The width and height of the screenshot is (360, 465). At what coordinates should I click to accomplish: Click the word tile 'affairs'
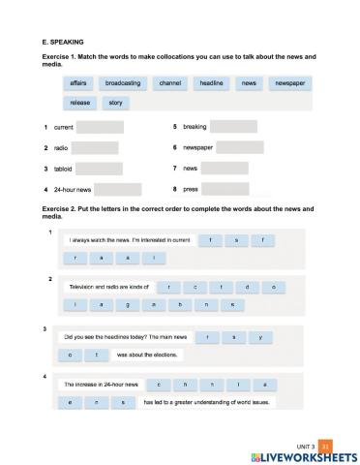pyautogui.click(x=79, y=84)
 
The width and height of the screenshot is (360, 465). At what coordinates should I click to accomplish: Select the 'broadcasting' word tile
pyautogui.click(x=123, y=84)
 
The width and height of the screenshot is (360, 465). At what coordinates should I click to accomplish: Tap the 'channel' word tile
pyautogui.click(x=169, y=84)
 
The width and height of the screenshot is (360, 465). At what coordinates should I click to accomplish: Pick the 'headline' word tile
pyautogui.click(x=212, y=84)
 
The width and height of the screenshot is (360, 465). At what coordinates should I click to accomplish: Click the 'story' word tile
pyautogui.click(x=115, y=102)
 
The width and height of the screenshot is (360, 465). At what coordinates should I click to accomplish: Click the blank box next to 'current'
pyautogui.click(x=100, y=127)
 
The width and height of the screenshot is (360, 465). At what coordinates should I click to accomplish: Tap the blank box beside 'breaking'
pyautogui.click(x=233, y=127)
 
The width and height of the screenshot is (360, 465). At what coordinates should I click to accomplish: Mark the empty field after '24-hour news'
pyautogui.click(x=118, y=189)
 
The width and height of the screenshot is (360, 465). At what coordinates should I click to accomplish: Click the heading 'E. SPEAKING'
pyautogui.click(x=65, y=42)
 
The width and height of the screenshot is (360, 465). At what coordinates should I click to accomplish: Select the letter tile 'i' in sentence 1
pyautogui.click(x=153, y=258)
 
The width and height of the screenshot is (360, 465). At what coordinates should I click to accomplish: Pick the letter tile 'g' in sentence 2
pyautogui.click(x=127, y=304)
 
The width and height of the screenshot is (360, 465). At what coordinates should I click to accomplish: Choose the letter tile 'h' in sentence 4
pyautogui.click(x=184, y=384)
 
